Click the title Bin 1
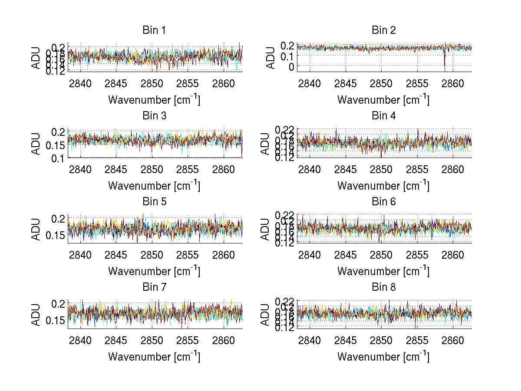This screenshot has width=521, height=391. coord(154,30)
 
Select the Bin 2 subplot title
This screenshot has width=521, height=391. coord(383,30)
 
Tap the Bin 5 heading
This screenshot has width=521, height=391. coord(154,202)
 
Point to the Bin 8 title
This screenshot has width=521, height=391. coord(383,287)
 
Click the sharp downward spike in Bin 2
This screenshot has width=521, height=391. coord(445,65)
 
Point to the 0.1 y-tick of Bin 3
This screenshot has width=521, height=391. coord(58,159)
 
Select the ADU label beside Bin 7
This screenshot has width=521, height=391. coord(36,315)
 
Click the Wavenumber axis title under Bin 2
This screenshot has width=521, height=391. coord(383,99)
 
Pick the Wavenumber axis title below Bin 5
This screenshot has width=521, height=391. coord(154,271)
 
